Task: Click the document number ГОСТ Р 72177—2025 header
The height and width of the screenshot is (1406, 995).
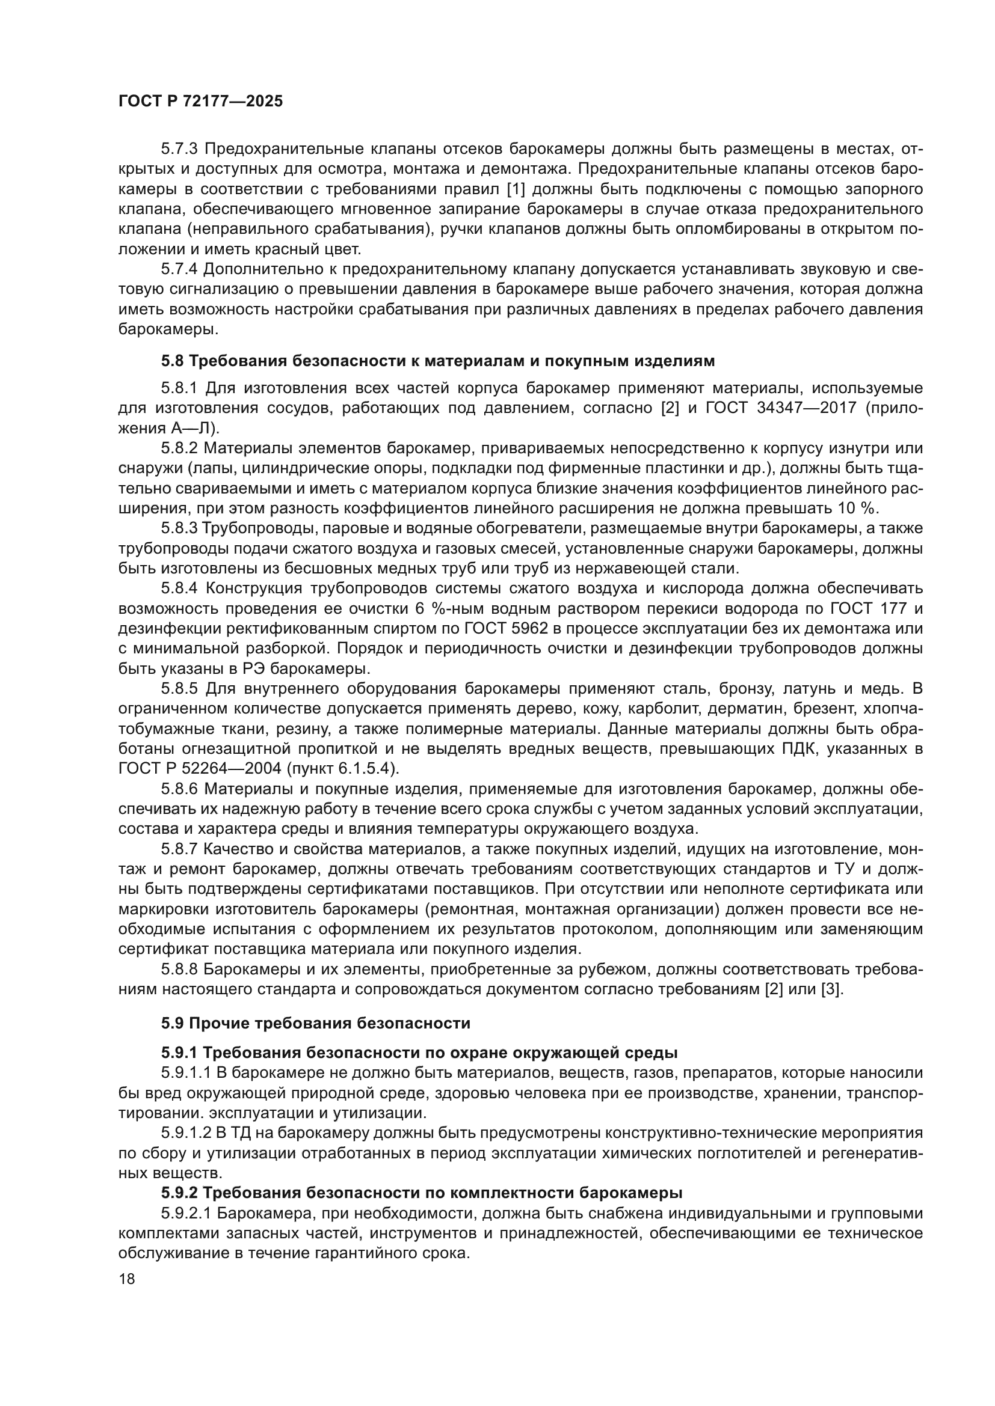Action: (x=201, y=102)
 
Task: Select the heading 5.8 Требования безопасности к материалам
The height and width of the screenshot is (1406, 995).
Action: (x=438, y=361)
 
